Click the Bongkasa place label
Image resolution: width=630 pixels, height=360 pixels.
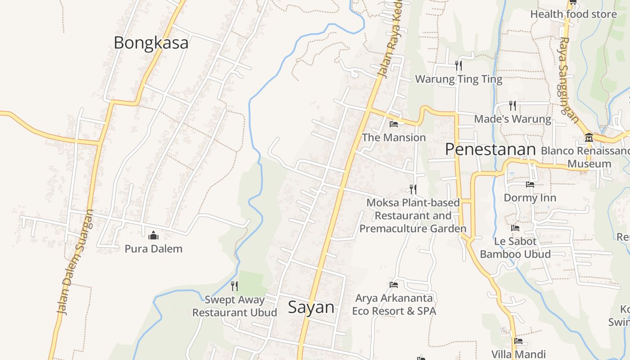151,43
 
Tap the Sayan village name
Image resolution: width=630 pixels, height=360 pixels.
311,307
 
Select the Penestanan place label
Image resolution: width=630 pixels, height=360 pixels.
490,149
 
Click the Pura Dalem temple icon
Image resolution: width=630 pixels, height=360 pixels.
153,235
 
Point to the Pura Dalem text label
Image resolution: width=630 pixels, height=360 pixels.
153,249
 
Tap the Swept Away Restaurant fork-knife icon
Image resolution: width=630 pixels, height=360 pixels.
234,286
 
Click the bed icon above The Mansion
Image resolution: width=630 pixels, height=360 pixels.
394,124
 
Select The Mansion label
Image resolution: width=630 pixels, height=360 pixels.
394,138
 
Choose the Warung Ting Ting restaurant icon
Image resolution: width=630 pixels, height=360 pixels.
459,66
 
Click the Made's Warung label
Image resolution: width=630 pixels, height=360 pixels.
513,119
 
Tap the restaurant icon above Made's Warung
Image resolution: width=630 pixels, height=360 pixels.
513,106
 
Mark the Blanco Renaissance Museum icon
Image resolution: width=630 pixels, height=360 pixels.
589,137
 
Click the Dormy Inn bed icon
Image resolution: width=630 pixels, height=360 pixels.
530,184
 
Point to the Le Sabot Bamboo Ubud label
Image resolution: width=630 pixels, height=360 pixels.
515,247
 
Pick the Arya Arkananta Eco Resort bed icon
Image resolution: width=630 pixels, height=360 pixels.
394,284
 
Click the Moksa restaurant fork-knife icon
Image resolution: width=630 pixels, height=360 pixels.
413,189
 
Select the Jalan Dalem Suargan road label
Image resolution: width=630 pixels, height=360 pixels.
75,262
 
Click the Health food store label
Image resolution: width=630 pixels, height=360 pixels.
573,14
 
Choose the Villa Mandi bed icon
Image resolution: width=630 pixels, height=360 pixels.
518,341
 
